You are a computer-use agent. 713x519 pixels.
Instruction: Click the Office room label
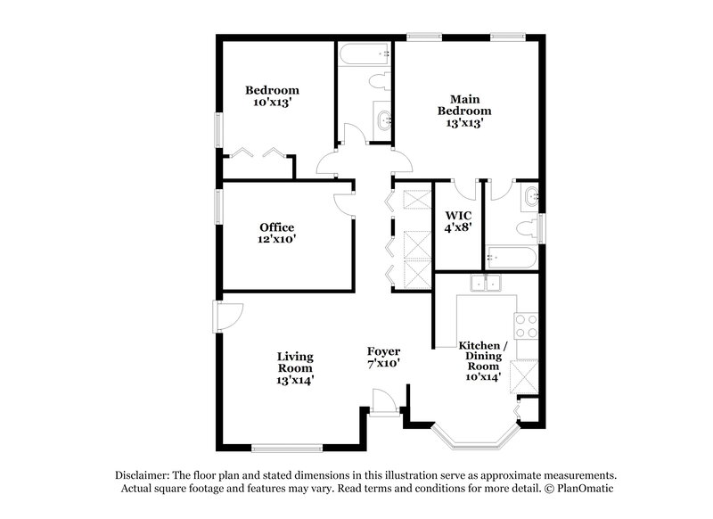coord(277,234)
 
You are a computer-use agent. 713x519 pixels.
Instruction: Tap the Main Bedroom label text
coord(463,111)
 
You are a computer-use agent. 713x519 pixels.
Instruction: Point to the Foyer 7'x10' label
coord(384,358)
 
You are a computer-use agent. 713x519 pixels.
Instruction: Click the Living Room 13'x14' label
coord(294,367)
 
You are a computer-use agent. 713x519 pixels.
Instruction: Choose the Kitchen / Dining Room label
coord(482,360)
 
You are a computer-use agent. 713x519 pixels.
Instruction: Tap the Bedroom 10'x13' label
coord(272,96)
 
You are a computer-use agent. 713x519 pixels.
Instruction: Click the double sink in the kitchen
coord(487,284)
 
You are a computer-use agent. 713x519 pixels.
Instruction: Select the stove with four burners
coord(526,325)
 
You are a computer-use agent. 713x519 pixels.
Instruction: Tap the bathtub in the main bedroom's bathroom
coord(511,259)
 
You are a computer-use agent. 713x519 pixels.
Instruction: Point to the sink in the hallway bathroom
coord(383,123)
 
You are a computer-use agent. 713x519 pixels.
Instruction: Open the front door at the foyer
coord(385,406)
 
